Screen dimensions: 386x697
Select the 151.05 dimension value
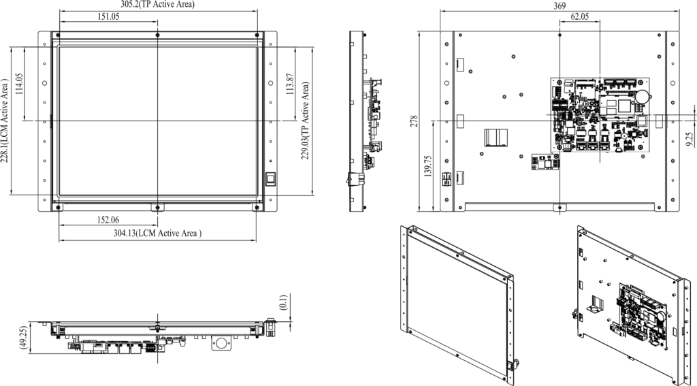tap(108, 17)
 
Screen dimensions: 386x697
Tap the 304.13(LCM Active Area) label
tap(157, 234)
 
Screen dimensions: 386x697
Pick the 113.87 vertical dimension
tap(291, 85)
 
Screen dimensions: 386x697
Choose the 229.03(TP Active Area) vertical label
tap(306, 121)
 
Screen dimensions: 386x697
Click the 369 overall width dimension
tap(560, 5)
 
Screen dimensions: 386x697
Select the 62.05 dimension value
tap(580, 17)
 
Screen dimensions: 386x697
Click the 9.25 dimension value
tap(690, 139)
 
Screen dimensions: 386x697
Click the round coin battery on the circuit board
tap(641, 95)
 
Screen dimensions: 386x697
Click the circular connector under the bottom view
tap(220, 343)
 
